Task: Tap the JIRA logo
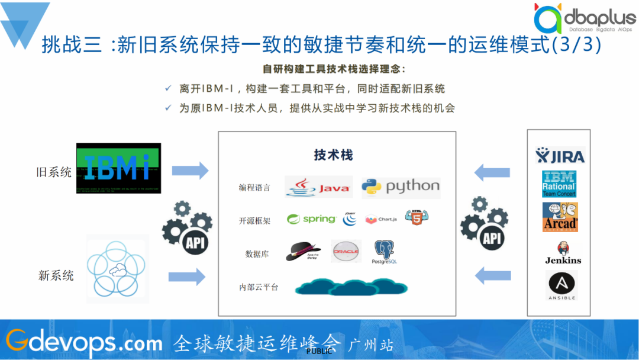click(x=560, y=156)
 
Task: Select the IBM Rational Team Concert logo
click(x=559, y=184)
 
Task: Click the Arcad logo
click(x=560, y=217)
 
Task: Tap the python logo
click(x=401, y=187)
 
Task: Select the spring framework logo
click(x=311, y=219)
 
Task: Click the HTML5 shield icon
click(x=417, y=217)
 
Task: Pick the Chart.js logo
click(x=381, y=220)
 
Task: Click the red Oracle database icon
click(x=346, y=252)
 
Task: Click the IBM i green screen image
click(x=118, y=168)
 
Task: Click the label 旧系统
click(x=54, y=172)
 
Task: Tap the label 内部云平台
click(x=259, y=287)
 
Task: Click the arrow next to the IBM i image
click(x=190, y=171)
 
